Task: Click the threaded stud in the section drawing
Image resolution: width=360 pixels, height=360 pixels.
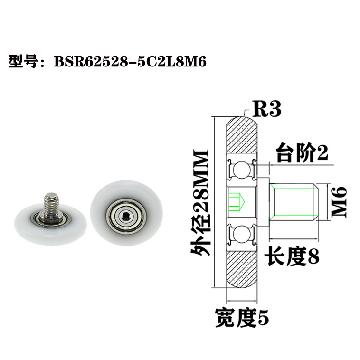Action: click(x=293, y=202)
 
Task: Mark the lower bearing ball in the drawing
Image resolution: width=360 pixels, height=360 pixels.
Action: click(x=242, y=234)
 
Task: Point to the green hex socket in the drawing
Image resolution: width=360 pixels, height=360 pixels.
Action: click(x=237, y=201)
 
